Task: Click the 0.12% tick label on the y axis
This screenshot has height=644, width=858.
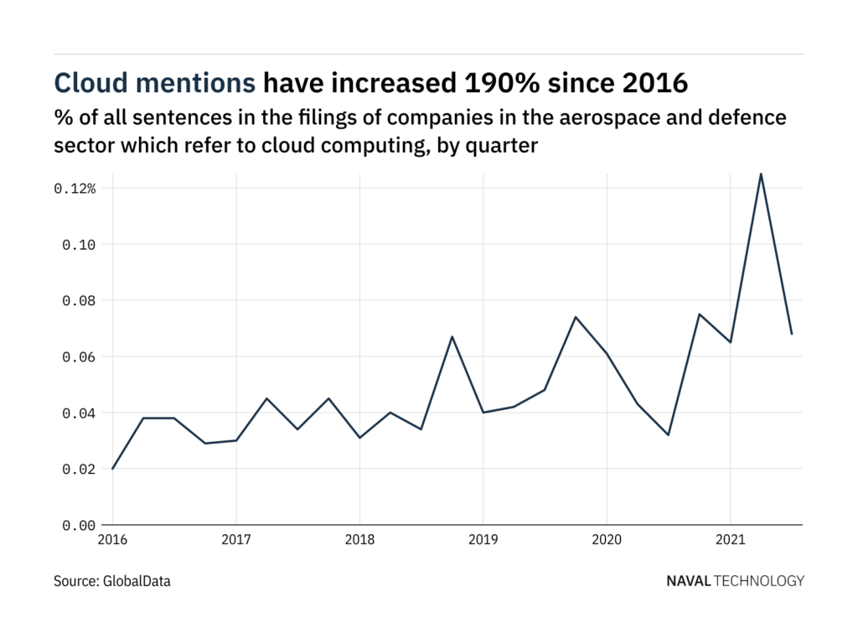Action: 75,189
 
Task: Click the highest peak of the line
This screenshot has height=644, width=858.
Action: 761,174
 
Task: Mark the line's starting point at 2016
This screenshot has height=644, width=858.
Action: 113,469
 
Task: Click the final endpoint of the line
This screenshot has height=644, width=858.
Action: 792,334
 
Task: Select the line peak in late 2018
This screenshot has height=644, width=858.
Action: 452,337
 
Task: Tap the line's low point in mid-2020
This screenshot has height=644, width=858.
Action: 669,434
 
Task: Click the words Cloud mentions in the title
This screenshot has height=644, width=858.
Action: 155,82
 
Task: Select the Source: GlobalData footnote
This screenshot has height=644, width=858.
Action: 112,580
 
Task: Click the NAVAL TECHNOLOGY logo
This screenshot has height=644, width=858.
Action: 735,580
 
